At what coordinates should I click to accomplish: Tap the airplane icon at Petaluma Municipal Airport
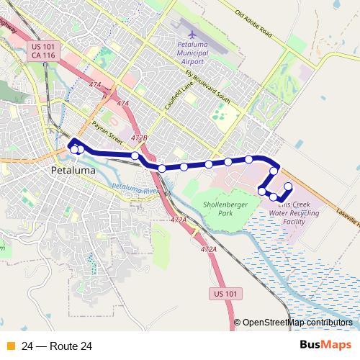click(x=192, y=34)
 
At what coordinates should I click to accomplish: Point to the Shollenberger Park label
click(x=220, y=210)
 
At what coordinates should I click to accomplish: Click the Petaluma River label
click(x=134, y=190)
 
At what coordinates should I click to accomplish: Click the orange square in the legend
click(x=12, y=346)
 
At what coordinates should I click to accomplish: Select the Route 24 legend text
click(x=57, y=346)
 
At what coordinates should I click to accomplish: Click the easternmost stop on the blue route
click(x=289, y=186)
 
